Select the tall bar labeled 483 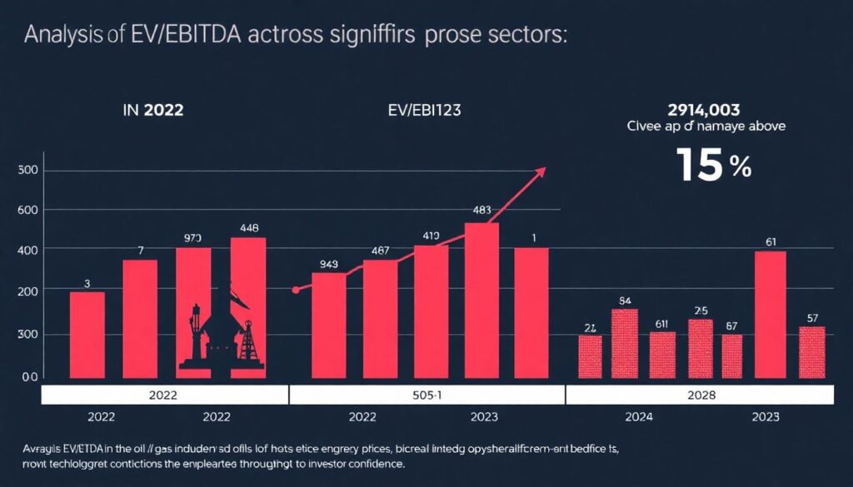[x=481, y=300]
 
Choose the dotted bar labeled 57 [x=811, y=352]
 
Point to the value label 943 [x=328, y=266]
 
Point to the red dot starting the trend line [x=296, y=291]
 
